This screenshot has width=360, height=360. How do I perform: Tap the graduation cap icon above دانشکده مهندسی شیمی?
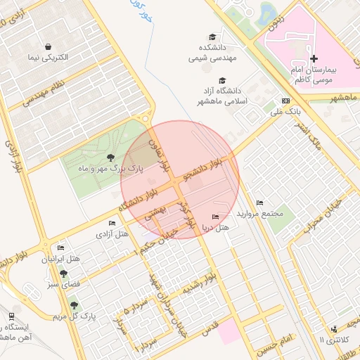click(x=212, y=37)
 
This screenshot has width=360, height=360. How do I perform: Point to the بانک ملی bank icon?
click(x=285, y=101)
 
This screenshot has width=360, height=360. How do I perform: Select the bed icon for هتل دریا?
click(x=214, y=217)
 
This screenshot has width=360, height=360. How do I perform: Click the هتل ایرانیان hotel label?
click(x=61, y=259)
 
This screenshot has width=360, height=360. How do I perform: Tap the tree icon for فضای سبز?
click(x=63, y=274)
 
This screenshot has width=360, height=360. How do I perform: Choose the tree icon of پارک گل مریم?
click(x=74, y=305)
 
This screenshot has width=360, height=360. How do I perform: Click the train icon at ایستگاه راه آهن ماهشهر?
click(x=11, y=317)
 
